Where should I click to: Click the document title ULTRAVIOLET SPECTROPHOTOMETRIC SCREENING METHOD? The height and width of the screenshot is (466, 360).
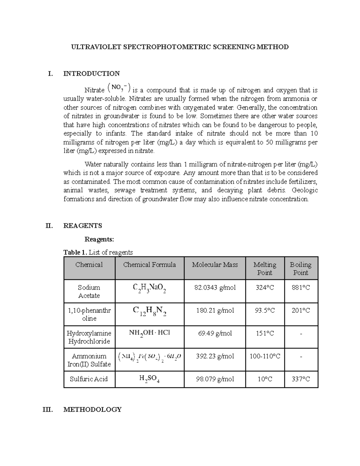[179, 47]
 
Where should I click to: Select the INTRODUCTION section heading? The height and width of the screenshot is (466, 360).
[91, 74]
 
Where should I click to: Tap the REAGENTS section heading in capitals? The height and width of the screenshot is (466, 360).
[82, 226]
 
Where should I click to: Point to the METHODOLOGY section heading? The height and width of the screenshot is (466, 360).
[92, 409]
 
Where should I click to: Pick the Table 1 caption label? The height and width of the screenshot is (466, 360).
[75, 252]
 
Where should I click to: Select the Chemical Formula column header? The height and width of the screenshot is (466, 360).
[149, 265]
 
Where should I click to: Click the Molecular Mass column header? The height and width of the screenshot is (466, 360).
[215, 265]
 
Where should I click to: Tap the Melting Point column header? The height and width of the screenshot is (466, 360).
[265, 269]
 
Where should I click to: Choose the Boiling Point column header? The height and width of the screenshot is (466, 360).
[301, 269]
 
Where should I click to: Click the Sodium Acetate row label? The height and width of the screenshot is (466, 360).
[89, 291]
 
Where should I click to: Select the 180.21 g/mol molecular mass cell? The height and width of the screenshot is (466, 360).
[215, 311]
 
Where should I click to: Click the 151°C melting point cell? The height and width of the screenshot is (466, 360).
[265, 333]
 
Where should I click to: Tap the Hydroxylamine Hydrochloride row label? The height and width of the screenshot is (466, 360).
[89, 337]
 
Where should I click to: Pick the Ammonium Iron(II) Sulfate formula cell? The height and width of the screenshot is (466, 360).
[149, 357]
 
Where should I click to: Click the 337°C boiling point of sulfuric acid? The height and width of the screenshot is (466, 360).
[301, 379]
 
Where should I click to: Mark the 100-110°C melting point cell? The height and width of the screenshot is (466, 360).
[265, 356]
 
